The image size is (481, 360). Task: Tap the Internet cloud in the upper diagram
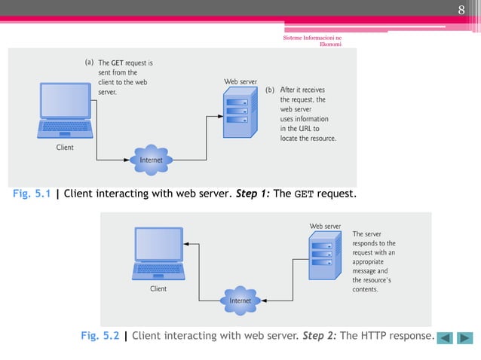click(152, 160)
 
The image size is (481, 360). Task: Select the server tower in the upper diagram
click(237, 113)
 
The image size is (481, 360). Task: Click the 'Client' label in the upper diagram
click(65, 148)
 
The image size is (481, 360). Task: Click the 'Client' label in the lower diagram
click(158, 288)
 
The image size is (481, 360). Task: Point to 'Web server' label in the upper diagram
click(240, 81)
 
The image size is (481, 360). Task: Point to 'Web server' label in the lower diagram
click(326, 225)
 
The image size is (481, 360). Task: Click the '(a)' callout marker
click(89, 62)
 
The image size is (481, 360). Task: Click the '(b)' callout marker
click(270, 90)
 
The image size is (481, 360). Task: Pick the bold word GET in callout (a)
click(118, 63)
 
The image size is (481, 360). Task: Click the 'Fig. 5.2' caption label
click(100, 336)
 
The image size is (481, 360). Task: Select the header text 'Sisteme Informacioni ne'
click(311, 37)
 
